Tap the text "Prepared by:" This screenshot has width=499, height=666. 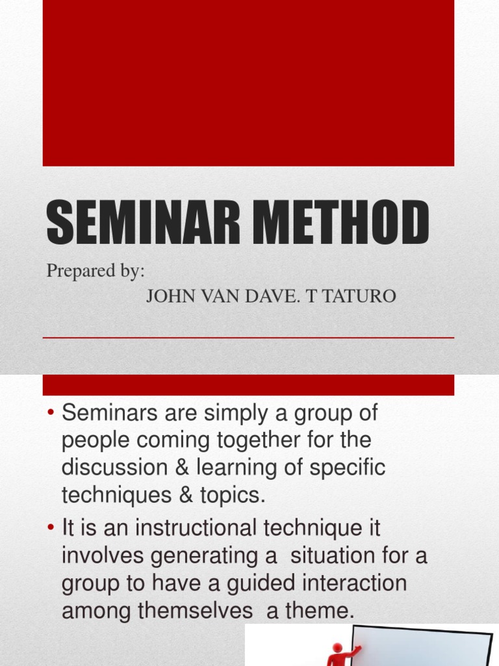(95, 271)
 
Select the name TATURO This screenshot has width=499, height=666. (361, 297)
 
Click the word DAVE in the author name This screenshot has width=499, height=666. (263, 297)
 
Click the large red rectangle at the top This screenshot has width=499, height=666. (248, 83)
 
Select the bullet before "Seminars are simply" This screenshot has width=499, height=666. (51, 413)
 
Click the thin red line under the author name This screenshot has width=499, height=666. (248, 338)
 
